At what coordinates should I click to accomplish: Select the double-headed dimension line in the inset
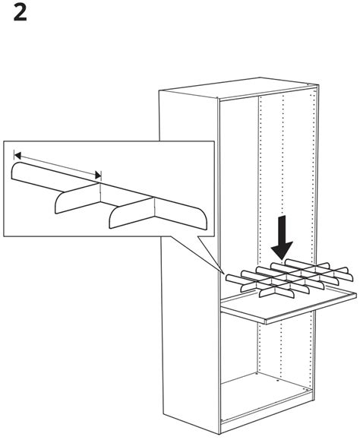[57, 166]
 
